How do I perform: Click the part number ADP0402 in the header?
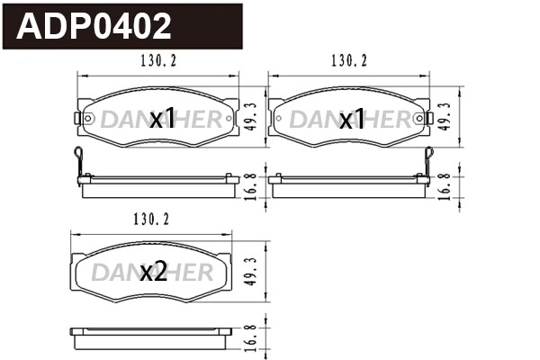94,27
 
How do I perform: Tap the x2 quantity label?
154,273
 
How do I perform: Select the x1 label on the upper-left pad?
161,119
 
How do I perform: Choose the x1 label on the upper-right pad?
352,119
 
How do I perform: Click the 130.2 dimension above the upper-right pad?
349,61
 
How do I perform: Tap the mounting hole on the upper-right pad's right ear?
426,118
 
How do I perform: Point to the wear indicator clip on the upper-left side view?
80,161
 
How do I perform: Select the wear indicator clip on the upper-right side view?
430,161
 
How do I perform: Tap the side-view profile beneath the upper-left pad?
159,185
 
